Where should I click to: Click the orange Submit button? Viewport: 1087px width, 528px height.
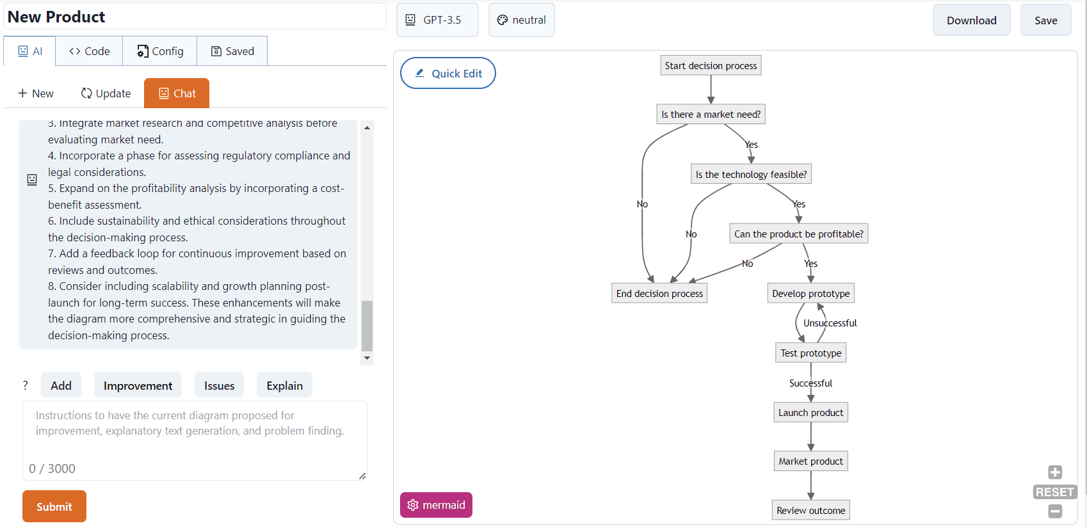[54, 506]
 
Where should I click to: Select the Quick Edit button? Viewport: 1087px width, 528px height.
[448, 73]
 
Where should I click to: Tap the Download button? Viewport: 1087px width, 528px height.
[971, 20]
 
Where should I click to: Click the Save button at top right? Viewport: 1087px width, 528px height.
[1045, 20]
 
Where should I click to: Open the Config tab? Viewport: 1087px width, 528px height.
[160, 51]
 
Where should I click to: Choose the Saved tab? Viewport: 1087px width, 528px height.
[232, 51]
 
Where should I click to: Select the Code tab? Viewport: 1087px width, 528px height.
[90, 51]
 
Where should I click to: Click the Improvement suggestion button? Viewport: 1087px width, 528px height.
[138, 385]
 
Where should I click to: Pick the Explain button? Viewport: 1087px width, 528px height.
[284, 385]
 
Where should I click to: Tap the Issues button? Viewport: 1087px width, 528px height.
[219, 385]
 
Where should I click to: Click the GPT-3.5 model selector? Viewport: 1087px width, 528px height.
[437, 20]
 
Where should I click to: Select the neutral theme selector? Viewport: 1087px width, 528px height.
[522, 20]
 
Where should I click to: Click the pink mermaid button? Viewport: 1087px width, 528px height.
[437, 505]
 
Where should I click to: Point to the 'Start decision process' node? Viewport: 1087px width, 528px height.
[711, 65]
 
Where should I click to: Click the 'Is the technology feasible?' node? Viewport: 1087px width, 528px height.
[751, 174]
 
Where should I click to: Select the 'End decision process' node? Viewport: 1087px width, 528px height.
[659, 293]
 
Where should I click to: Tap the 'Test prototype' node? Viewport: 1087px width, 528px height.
[810, 353]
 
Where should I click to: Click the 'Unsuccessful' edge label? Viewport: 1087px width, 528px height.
[830, 323]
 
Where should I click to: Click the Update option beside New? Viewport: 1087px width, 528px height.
[106, 93]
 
